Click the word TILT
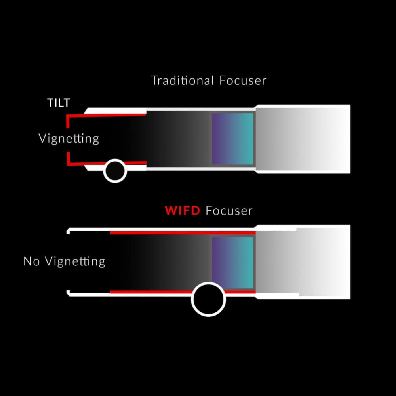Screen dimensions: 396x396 click(58, 103)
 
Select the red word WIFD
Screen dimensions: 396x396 click(183, 211)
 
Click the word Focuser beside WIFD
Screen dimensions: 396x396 click(229, 211)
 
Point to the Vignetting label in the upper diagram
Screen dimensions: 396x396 click(69, 138)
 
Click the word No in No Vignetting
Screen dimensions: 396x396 click(32, 261)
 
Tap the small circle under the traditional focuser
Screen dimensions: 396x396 click(115, 171)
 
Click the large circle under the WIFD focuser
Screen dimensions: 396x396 click(208, 299)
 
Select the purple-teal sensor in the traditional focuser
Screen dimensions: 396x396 click(232, 139)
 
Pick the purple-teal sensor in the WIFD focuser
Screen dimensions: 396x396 click(232, 263)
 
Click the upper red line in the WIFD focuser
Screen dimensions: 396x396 click(182, 232)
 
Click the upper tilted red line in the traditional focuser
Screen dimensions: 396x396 click(107, 115)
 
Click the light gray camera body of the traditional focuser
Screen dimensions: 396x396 click(303, 139)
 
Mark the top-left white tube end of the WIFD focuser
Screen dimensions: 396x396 click(69, 231)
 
